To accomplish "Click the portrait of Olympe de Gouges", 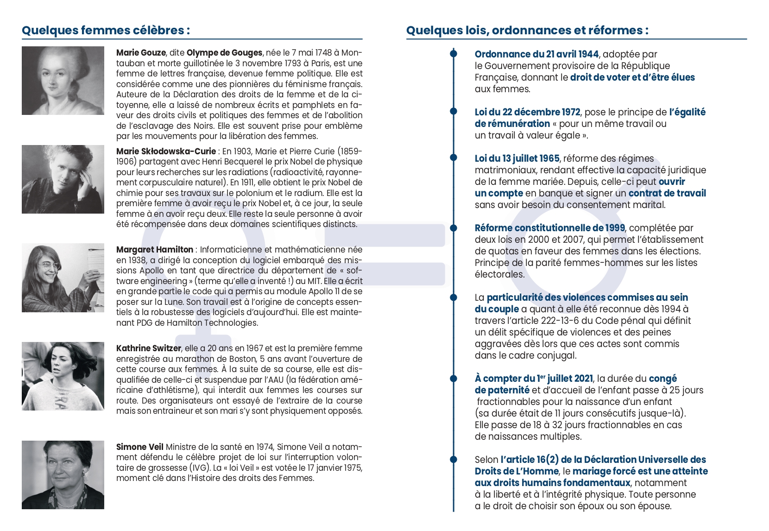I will (x=63, y=81).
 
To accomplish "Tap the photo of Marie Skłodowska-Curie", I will (x=63, y=179).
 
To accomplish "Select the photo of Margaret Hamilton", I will (x=63, y=278).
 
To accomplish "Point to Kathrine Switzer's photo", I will (x=63, y=376).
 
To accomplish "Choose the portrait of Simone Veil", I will (x=63, y=474).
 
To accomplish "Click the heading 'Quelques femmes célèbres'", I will (x=106, y=31).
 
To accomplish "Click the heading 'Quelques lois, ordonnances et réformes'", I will (x=527, y=31).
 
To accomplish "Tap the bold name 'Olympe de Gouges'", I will (x=224, y=53).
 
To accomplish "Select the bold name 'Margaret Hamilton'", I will (x=155, y=250).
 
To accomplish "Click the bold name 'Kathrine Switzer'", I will (x=148, y=348).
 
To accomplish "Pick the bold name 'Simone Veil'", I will (x=139, y=447).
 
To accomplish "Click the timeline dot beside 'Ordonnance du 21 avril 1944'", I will (x=454, y=54).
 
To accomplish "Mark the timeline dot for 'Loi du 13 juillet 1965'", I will (x=454, y=158).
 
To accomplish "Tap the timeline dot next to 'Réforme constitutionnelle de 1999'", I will (x=454, y=228).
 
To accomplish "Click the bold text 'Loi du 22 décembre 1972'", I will (x=527, y=112).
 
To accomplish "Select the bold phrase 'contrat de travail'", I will (x=667, y=193).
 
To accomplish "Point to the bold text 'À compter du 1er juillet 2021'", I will (x=534, y=379).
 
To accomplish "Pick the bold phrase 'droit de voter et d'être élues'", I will (x=632, y=77).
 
